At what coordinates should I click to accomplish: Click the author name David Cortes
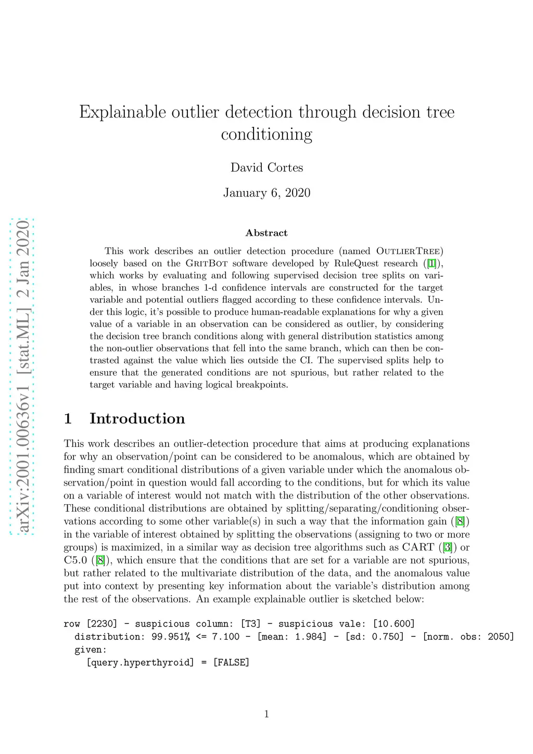point(266,168)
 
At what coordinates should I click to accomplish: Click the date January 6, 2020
point(266,193)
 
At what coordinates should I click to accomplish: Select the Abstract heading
point(266,233)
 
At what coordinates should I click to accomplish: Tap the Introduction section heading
point(137,418)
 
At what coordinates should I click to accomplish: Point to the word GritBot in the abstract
point(207,263)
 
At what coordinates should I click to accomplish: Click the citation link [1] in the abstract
point(432,263)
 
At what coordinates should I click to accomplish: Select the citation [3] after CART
point(447,547)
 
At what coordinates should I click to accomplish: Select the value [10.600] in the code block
point(394,624)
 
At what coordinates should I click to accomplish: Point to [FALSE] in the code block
point(232,662)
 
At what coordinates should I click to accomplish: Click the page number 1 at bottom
point(266,714)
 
